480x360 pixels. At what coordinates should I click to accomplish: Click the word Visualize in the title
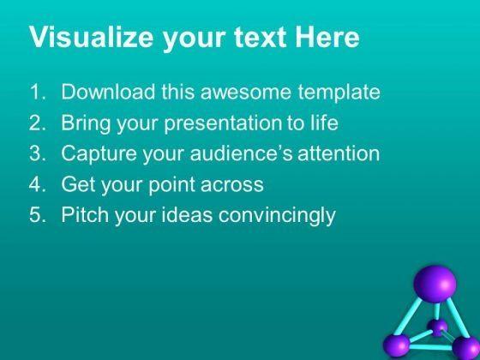(91, 36)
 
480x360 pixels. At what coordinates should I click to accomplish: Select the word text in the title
(261, 37)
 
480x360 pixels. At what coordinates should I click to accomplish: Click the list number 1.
(38, 92)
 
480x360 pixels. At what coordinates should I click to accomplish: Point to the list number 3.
(38, 153)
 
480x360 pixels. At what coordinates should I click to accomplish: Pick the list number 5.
(38, 214)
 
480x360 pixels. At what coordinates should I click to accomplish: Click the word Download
(108, 91)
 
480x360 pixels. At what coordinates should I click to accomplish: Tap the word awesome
(245, 93)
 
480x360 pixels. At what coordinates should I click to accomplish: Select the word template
(339, 93)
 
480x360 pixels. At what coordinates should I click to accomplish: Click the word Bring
(86, 123)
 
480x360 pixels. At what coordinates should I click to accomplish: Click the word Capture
(99, 154)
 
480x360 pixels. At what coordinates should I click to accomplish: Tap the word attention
(339, 153)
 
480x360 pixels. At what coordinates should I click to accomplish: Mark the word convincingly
(277, 215)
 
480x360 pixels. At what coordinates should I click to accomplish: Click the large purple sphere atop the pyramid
(435, 284)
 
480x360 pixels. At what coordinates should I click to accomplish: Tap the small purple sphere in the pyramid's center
(438, 327)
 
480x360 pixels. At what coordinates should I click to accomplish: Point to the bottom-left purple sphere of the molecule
(396, 346)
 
